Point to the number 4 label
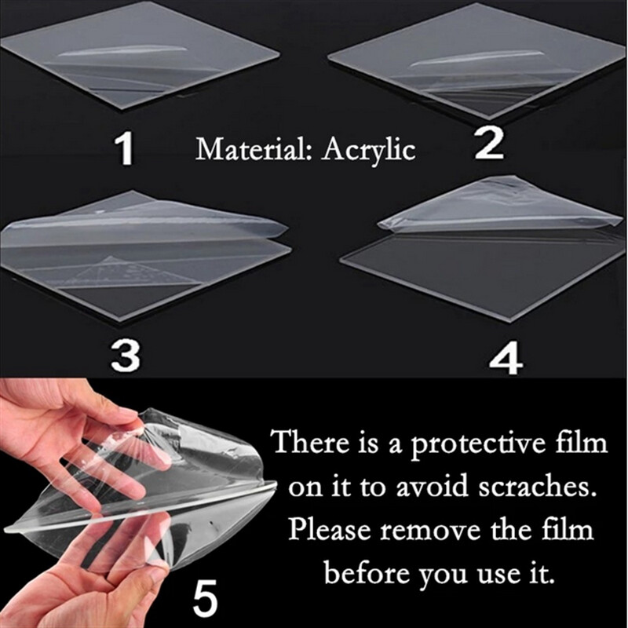click(x=506, y=360)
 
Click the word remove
click(x=429, y=531)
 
